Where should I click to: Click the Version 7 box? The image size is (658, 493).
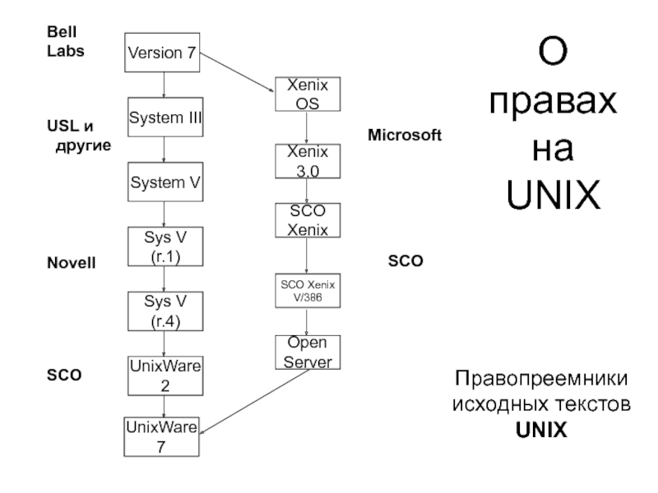(x=162, y=53)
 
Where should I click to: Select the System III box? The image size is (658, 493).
(x=165, y=117)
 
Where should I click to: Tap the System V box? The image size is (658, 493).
(x=165, y=182)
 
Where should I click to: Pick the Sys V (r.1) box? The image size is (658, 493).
(x=165, y=246)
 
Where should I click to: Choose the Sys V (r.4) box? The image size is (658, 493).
(x=165, y=311)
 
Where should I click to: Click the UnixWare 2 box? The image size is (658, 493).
(x=165, y=376)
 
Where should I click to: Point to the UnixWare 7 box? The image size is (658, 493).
(x=161, y=437)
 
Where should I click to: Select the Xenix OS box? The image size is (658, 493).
(x=308, y=94)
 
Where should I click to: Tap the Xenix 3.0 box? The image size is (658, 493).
(x=308, y=161)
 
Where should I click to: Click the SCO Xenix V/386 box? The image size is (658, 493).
(x=308, y=291)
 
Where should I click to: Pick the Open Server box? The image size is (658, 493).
(x=308, y=352)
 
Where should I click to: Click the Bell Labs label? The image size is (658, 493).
(x=66, y=41)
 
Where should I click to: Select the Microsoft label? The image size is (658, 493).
(x=405, y=135)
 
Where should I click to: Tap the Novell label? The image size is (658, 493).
(x=72, y=263)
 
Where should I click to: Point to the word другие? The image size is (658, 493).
(x=84, y=146)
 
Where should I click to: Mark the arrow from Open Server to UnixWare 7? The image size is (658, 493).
(x=254, y=402)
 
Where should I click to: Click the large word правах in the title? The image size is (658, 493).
(x=553, y=103)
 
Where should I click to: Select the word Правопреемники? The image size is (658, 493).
(x=541, y=379)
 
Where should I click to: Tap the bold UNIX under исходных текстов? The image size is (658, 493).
(x=541, y=430)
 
